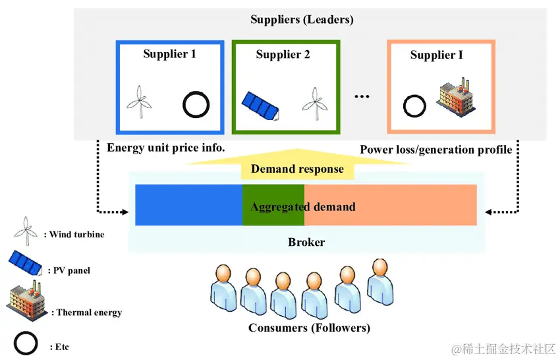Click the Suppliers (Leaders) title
302,19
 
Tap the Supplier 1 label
169,53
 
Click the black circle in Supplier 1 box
196,104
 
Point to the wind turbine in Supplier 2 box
314,102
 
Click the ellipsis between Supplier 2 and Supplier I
362,96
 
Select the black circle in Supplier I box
414,105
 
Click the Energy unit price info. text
166,148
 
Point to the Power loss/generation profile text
435,150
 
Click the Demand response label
297,169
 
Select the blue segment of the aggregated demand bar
188,205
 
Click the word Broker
306,242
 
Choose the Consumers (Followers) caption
309,328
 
